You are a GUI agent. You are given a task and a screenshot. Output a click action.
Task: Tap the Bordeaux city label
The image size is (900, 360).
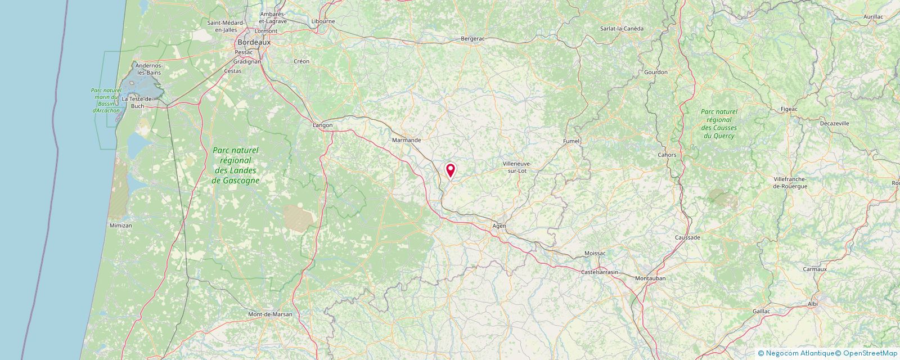[254, 42]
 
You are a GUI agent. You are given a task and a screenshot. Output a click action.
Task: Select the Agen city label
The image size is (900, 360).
[499, 226]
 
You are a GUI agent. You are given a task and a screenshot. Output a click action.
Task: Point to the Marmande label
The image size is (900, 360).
[406, 140]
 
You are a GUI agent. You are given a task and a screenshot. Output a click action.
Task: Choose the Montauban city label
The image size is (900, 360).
[650, 278]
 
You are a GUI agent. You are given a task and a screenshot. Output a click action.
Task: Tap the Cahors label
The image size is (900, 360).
[667, 155]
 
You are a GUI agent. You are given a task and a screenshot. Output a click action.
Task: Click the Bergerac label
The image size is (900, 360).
[472, 39]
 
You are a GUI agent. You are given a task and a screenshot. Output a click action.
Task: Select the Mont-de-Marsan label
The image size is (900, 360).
[271, 314]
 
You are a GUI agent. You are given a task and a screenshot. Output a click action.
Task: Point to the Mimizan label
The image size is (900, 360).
[120, 226]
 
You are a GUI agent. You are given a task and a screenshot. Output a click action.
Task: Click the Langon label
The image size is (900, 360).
[323, 125]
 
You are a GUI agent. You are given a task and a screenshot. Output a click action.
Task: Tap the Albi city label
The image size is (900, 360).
[813, 304]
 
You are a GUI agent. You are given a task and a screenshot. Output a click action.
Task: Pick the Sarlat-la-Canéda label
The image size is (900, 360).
[622, 29]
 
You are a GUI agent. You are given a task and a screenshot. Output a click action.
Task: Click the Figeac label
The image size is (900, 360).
[789, 109]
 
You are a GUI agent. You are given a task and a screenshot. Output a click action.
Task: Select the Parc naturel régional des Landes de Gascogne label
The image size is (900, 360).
[236, 165]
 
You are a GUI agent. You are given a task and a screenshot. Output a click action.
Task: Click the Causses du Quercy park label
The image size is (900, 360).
[719, 124]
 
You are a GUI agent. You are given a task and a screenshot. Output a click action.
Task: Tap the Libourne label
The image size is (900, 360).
[323, 21]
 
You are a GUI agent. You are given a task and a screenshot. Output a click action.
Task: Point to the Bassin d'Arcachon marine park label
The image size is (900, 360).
[106, 101]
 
